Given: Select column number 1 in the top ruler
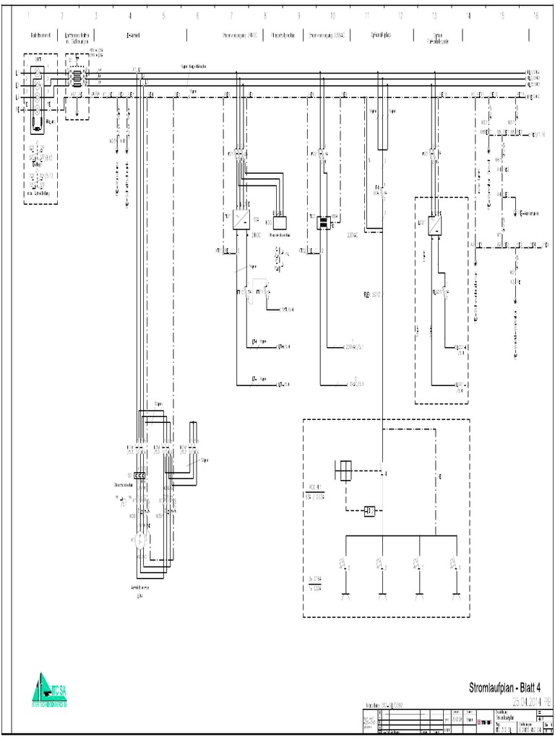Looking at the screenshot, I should pyautogui.click(x=28, y=15).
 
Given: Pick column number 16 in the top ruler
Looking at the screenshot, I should pyautogui.click(x=535, y=15).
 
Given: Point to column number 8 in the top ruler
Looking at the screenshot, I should pyautogui.click(x=265, y=15).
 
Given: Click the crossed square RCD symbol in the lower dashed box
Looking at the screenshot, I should pyautogui.click(x=344, y=470).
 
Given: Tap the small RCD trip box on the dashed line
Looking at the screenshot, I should pyautogui.click(x=369, y=511).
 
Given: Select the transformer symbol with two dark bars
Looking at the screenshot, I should pyautogui.click(x=323, y=222).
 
